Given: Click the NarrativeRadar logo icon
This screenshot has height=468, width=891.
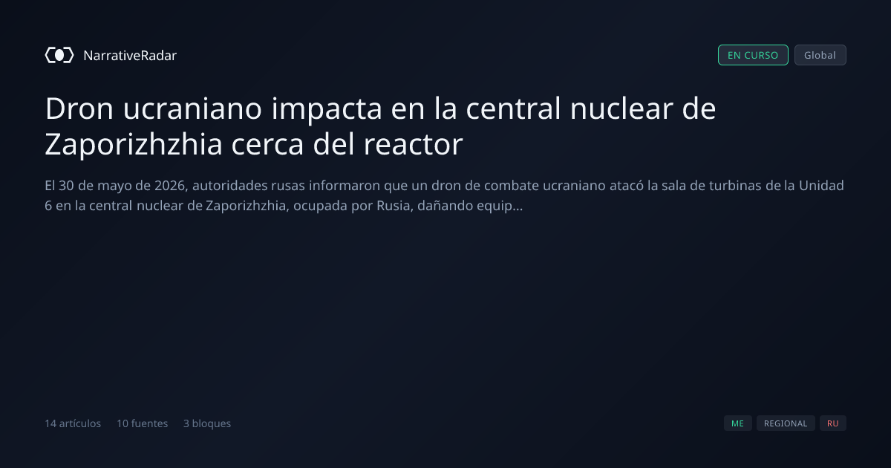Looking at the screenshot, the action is click(59, 55).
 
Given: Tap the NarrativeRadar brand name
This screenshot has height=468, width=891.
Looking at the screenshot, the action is click(130, 55).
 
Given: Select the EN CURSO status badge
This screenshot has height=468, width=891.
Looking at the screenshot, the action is click(753, 55).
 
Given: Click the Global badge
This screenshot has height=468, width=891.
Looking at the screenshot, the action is click(820, 55).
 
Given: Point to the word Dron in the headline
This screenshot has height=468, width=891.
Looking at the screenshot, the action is click(79, 108).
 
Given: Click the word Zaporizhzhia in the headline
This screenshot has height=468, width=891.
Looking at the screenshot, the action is click(133, 144).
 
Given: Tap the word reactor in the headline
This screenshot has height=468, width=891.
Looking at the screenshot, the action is click(414, 144).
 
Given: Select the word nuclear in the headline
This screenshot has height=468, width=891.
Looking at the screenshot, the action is click(621, 108).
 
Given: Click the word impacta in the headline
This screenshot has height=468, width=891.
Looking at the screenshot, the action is click(327, 108).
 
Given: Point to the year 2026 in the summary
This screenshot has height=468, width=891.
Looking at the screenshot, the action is click(170, 186).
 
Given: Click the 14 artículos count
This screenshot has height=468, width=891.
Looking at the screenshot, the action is click(73, 423).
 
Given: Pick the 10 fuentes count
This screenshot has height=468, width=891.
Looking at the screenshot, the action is click(142, 423).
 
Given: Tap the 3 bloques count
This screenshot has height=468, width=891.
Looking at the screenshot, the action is click(207, 423).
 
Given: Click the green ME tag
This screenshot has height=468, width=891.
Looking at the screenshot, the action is click(738, 423).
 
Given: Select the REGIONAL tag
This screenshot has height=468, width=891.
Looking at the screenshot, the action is click(786, 423).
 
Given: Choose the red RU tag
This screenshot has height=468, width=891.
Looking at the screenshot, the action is click(833, 423).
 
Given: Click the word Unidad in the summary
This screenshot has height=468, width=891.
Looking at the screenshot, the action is click(821, 186).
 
